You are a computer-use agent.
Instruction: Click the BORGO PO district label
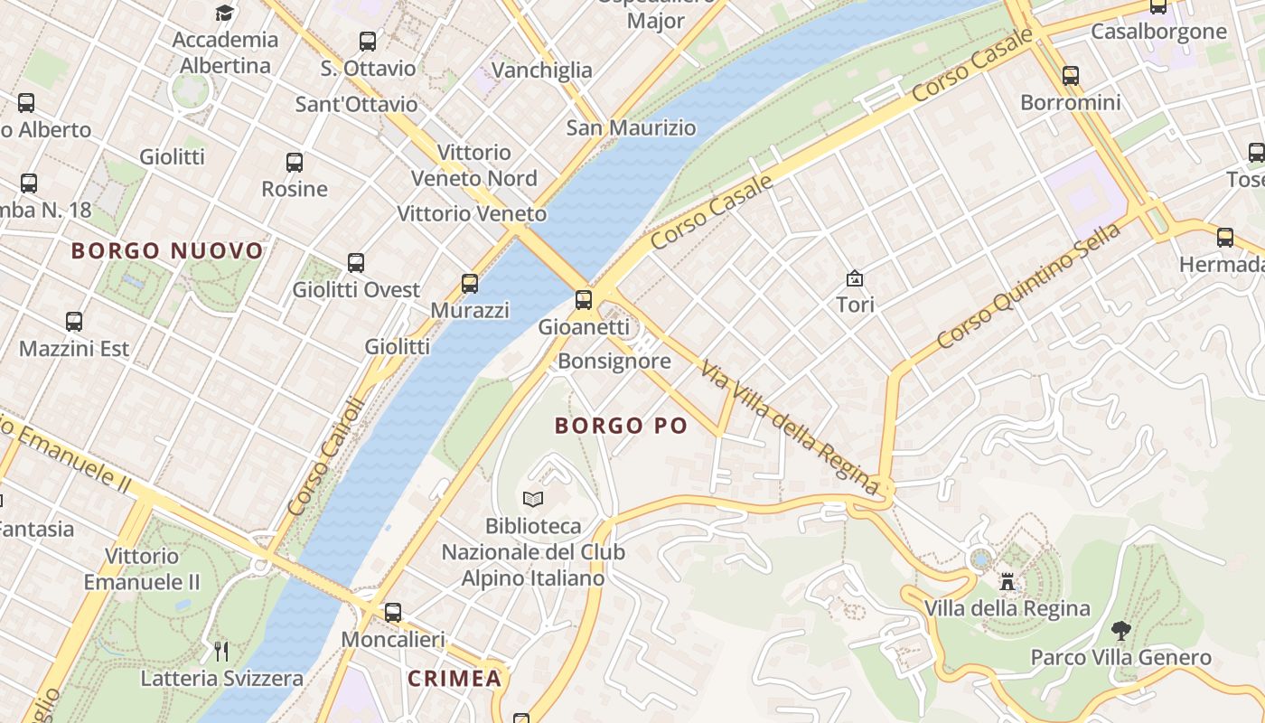(x=621, y=426)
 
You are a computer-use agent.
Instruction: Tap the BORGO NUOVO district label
(x=167, y=250)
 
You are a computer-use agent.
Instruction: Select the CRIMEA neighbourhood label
(x=454, y=679)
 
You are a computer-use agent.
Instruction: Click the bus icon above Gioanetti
(x=584, y=299)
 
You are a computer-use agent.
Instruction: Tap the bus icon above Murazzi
(x=470, y=283)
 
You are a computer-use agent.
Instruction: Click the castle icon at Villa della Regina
(x=1007, y=581)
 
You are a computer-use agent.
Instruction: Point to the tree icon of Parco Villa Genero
(x=1120, y=631)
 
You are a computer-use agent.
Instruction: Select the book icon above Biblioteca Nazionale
(x=533, y=499)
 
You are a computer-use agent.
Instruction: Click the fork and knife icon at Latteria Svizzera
(x=221, y=651)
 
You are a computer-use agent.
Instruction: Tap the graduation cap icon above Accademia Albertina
(x=224, y=13)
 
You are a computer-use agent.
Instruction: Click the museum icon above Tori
(x=854, y=278)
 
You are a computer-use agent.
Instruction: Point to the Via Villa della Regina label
(x=789, y=427)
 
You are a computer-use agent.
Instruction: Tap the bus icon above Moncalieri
(x=392, y=612)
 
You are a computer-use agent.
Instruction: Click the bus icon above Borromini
(x=1071, y=75)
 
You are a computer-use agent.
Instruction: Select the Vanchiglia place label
(x=542, y=70)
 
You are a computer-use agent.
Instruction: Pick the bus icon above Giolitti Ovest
(x=356, y=263)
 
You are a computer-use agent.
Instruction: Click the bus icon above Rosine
(x=295, y=163)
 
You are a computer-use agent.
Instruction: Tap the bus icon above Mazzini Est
(x=74, y=321)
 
